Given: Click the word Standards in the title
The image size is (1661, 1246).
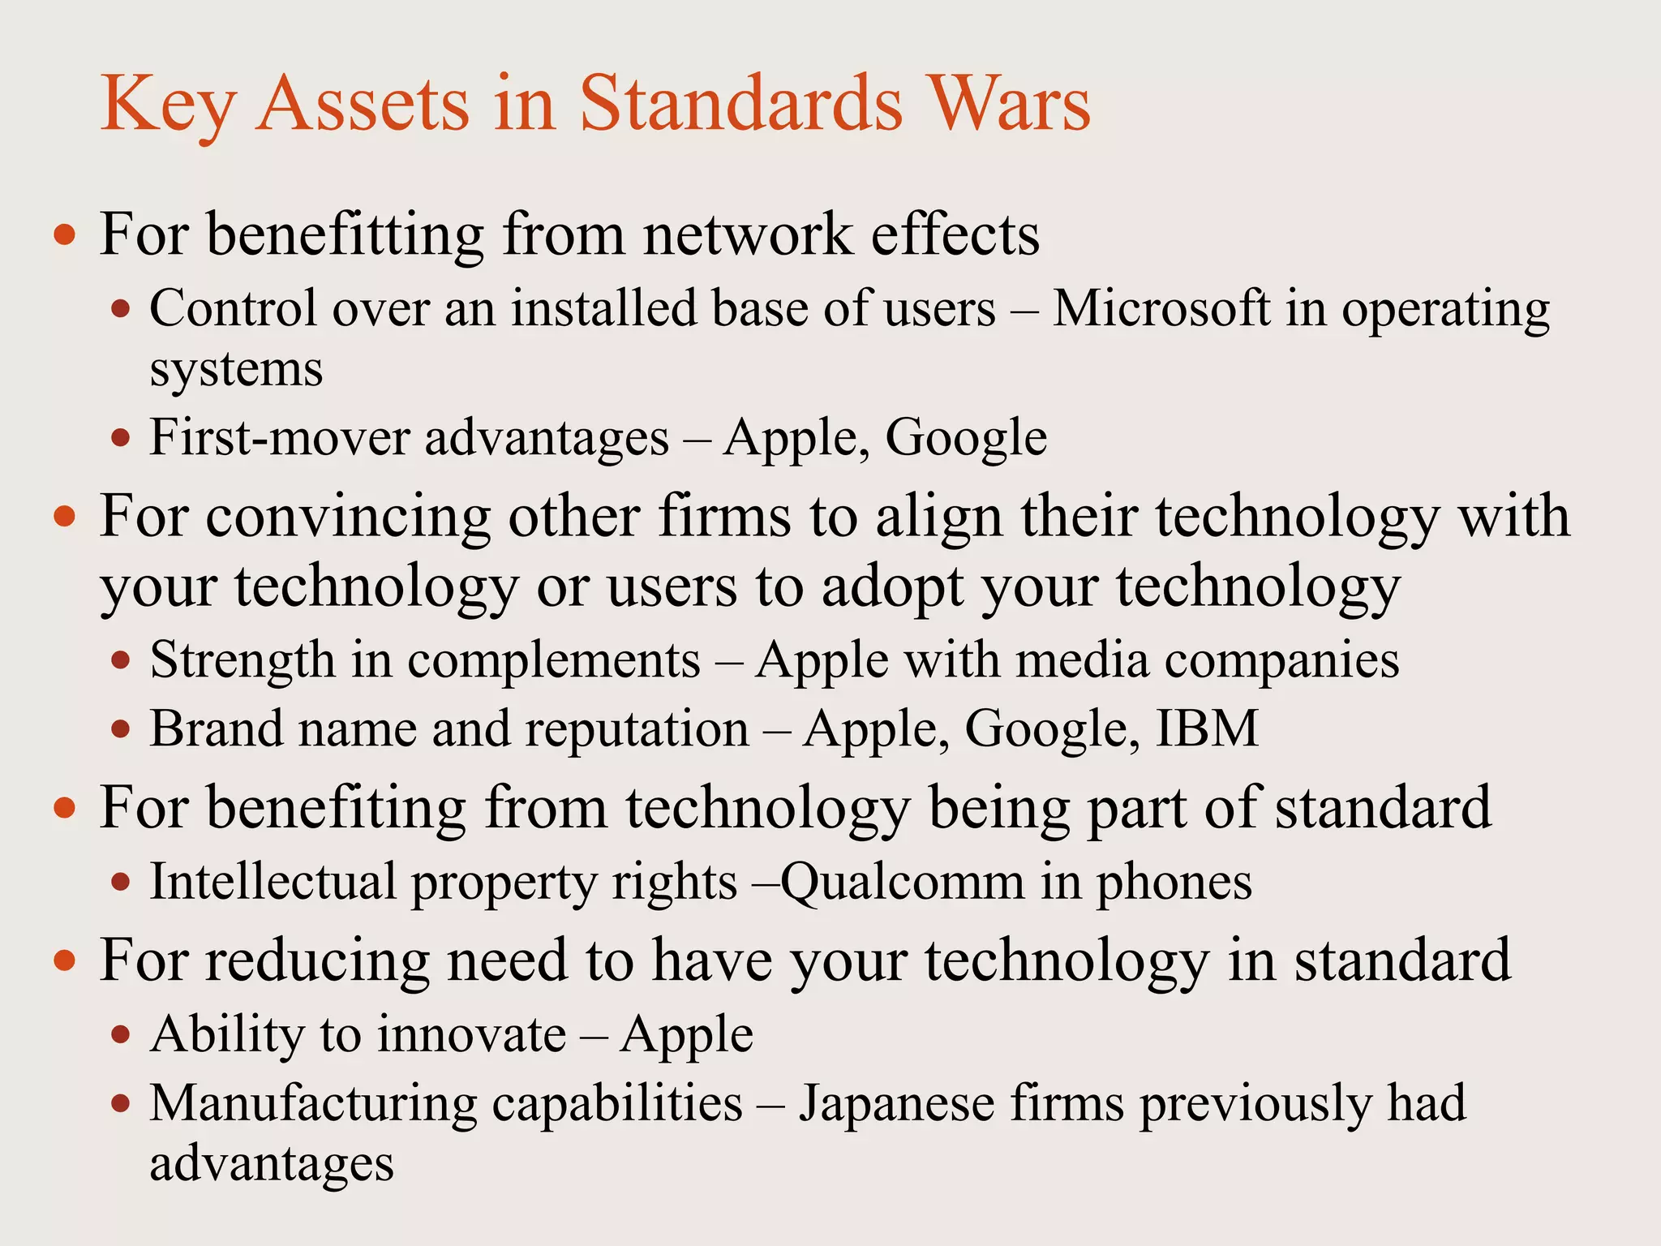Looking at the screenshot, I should pos(740,104).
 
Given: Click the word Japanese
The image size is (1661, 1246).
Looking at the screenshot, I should pos(896,1103).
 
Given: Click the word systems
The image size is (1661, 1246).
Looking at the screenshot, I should pos(236,370).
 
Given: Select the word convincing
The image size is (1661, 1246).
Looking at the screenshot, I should pos(348,517).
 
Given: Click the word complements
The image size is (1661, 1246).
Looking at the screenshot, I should pos(553,660).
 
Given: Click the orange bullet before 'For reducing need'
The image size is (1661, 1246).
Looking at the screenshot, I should pos(65,961).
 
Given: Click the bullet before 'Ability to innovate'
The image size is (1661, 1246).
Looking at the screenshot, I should pos(121,1035).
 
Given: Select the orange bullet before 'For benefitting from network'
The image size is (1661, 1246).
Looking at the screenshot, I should pos(65,236).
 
